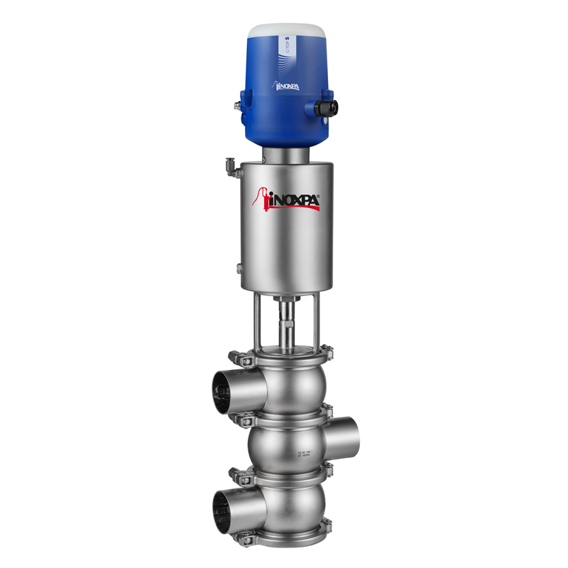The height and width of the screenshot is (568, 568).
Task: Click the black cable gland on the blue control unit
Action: coord(328,107)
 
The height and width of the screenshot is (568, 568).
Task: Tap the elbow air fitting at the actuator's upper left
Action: coord(230,165)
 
